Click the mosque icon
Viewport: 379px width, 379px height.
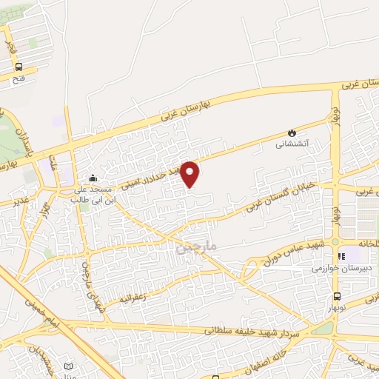93,178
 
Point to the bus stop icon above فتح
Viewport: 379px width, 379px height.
19,65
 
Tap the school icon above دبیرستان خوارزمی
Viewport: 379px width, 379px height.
341,257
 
